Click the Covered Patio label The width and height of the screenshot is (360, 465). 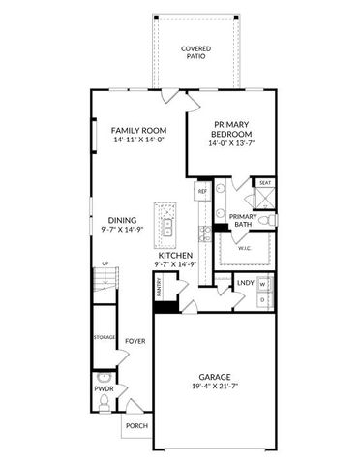(196, 53)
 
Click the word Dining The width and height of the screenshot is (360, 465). (122, 219)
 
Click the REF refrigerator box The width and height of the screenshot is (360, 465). (202, 192)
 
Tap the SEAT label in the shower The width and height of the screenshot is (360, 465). (264, 182)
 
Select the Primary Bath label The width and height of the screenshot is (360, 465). (243, 221)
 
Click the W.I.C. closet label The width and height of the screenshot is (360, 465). (245, 248)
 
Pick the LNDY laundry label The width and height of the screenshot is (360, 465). (245, 283)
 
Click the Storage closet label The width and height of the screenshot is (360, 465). (105, 336)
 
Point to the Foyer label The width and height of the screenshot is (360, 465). (134, 341)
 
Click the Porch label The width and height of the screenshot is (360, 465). (136, 425)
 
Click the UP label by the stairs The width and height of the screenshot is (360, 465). (105, 263)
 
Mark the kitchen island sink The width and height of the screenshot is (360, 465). (167, 227)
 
